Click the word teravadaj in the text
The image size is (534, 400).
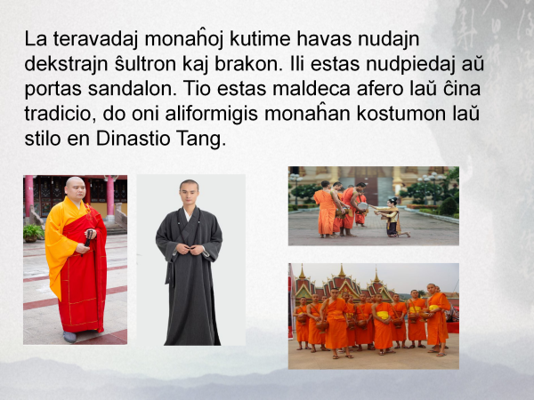[95, 39]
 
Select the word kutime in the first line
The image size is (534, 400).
[260, 38]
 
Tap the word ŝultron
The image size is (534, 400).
[145, 64]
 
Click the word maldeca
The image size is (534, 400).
[311, 88]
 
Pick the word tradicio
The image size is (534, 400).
[61, 114]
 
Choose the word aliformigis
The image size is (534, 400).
[211, 114]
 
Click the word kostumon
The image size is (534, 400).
[401, 114]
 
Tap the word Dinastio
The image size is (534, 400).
[133, 139]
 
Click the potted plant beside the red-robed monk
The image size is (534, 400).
[33, 233]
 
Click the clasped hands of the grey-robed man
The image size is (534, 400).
[190, 249]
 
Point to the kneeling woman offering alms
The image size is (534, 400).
[391, 218]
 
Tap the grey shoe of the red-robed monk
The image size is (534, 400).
[69, 337]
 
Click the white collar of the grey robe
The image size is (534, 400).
[188, 215]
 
